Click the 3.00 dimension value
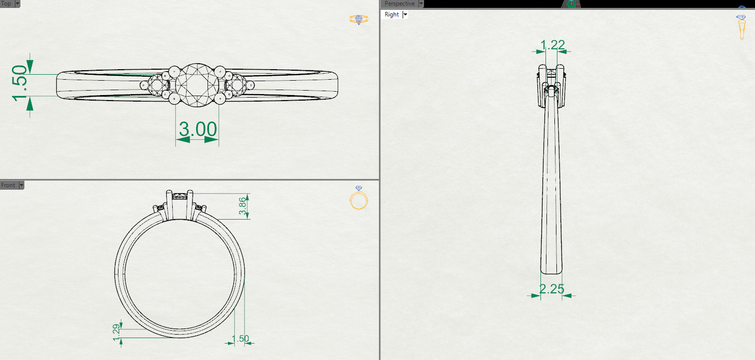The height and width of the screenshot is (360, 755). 198,130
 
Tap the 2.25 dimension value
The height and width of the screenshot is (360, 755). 551,289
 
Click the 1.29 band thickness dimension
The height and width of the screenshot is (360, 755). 116,332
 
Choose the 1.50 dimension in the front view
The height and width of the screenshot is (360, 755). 240,339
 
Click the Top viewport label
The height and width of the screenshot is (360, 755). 6,3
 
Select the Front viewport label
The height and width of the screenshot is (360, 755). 8,185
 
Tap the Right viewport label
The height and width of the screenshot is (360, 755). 392,14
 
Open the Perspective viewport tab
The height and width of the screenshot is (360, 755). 399,3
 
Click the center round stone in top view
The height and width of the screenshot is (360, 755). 198,84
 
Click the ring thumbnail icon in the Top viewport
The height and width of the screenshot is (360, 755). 359,19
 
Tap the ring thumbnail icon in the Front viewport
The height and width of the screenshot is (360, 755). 359,199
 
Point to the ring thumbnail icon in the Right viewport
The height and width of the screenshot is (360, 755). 742,27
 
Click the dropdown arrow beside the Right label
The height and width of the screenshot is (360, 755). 405,14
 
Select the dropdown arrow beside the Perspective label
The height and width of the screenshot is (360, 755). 421,3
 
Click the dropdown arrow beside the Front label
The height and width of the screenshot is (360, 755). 20,185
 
